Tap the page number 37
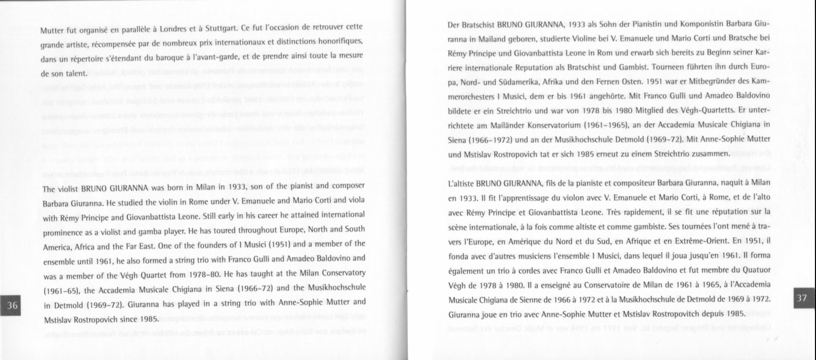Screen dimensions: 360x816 [802, 297]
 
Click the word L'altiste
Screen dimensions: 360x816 [461, 183]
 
